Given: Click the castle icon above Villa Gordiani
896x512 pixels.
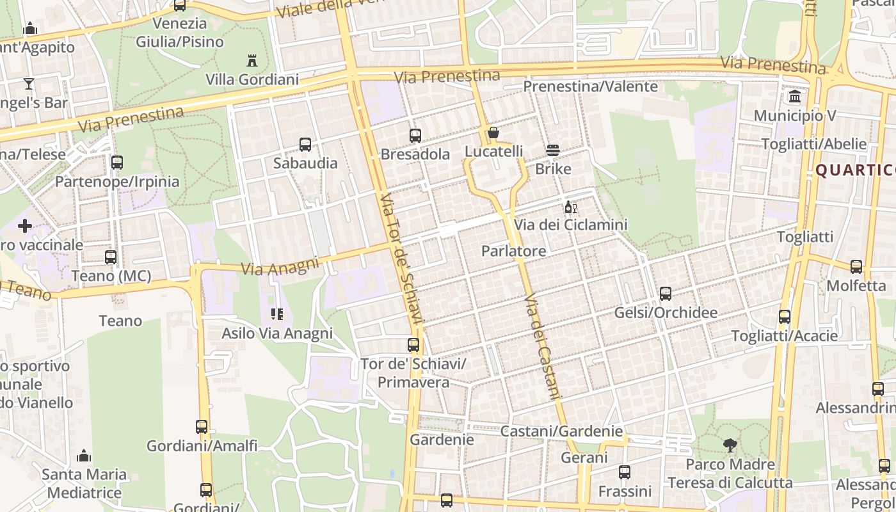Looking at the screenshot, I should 252,61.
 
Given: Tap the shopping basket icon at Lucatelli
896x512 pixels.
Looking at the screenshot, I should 493,133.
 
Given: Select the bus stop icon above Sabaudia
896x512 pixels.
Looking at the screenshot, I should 305,145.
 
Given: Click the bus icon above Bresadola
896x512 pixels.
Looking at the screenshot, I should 415,136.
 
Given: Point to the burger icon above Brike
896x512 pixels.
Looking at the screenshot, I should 553,151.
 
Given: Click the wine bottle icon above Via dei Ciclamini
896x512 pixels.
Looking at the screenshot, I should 570,207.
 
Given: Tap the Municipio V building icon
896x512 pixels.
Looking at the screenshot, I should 795,97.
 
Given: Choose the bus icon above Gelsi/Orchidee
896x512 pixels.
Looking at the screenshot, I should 666,294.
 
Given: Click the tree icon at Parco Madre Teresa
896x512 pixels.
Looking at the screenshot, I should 730,445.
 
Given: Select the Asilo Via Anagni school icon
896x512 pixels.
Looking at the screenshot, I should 277,314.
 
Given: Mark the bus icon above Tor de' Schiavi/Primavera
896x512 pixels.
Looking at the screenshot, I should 413,345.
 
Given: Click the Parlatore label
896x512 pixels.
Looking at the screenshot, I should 513,251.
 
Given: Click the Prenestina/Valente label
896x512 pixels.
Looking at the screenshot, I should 590,86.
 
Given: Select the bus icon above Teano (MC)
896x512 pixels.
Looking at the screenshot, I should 111,257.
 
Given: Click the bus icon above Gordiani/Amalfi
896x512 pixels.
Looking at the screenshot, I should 202,427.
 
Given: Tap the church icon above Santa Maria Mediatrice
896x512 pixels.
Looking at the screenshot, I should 84,456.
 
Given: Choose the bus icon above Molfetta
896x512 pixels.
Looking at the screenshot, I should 856,267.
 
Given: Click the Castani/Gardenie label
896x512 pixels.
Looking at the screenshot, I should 561,431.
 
